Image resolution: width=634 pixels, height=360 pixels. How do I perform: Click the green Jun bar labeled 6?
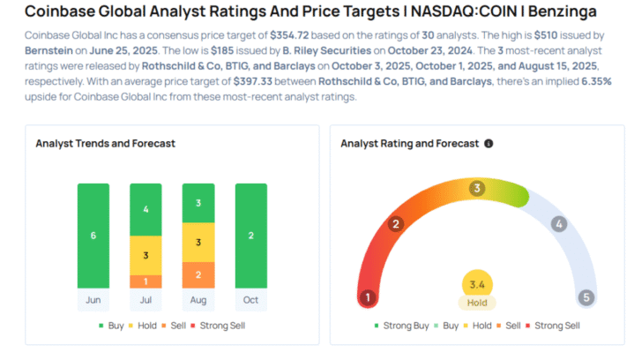[x=93, y=236]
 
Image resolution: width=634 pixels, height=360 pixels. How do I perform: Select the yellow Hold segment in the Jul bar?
[x=145, y=255]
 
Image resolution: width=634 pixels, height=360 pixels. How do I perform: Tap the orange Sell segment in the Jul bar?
[x=145, y=281]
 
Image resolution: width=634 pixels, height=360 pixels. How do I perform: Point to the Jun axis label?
[x=93, y=301]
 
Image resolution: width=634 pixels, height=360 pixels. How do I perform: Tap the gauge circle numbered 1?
[x=368, y=297]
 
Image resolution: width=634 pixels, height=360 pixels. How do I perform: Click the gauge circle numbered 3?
[x=477, y=188]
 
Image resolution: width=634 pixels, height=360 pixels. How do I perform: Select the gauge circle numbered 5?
[x=586, y=297]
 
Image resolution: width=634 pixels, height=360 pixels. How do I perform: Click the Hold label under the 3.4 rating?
[x=477, y=303]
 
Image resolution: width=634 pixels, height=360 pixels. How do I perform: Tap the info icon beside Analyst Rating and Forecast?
[x=489, y=143]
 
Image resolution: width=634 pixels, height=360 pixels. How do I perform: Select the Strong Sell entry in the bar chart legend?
[x=221, y=326]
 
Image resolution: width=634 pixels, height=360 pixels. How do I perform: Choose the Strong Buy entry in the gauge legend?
[x=407, y=326]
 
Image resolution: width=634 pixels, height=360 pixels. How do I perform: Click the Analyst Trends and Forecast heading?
[x=105, y=143]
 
